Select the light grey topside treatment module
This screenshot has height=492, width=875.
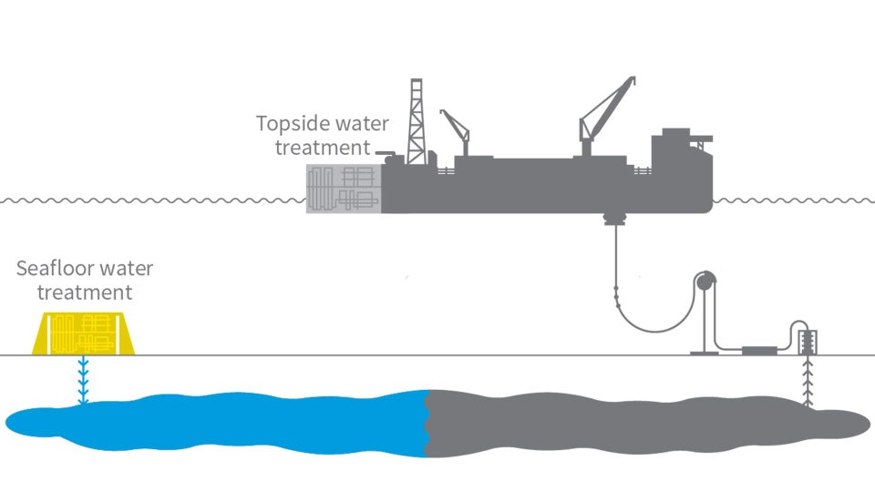(x=343, y=190)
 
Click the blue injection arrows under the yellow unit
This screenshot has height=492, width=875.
(x=83, y=381)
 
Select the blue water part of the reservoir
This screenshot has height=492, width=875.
(x=228, y=422)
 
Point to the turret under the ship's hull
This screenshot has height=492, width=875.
(x=617, y=219)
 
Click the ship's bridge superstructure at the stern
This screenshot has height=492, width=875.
(x=679, y=155)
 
